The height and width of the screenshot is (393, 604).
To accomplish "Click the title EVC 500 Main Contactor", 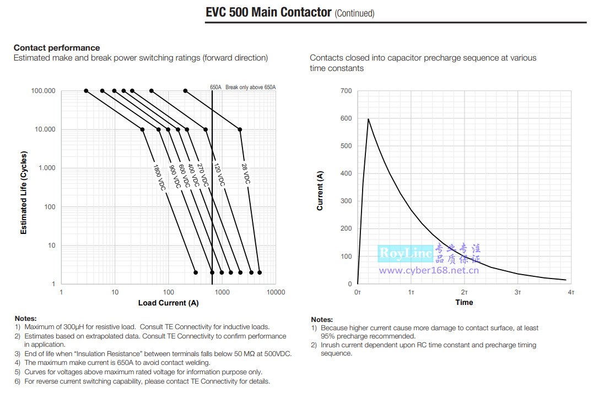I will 268,12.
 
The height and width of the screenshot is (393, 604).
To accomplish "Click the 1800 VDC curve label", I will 159,178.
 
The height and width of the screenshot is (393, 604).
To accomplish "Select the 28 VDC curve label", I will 246,174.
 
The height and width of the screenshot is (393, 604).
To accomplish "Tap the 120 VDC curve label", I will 218,174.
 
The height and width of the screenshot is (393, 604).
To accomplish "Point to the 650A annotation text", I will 215,87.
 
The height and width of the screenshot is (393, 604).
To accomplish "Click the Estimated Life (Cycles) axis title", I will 24,193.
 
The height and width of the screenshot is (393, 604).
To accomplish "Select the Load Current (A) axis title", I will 168,303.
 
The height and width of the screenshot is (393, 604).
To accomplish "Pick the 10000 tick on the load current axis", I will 275,292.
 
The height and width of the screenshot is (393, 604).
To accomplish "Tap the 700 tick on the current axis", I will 346,91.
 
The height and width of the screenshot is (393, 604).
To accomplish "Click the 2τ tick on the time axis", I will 465,292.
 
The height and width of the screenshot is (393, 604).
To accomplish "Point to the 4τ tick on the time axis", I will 571,292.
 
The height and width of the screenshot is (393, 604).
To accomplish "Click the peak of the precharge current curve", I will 368,118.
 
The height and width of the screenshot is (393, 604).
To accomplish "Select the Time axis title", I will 464,302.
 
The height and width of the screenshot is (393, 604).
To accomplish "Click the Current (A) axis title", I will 320,191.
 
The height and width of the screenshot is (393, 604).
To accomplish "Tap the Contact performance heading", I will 57,48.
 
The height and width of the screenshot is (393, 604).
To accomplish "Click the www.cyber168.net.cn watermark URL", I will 429,270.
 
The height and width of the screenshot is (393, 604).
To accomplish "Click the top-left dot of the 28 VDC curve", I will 185,91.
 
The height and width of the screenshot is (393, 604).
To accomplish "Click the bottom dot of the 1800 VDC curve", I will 196,272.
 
